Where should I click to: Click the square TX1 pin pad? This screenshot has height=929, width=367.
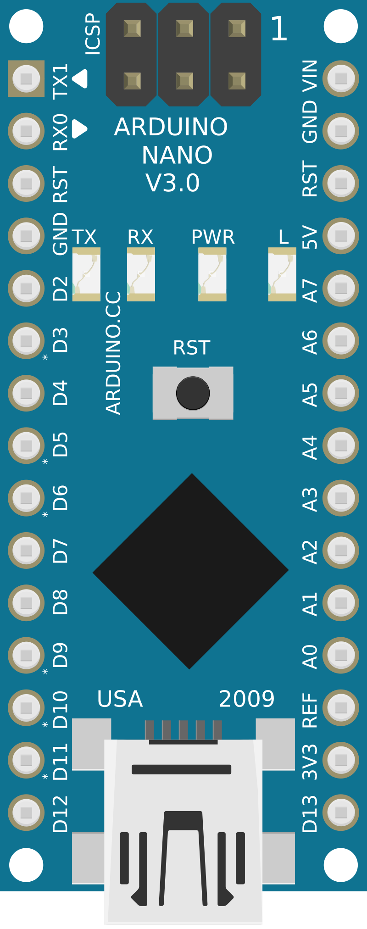pos(26,78)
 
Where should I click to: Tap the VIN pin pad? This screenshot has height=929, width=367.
pos(340,78)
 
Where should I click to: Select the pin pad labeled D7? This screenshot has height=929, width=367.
pos(26,550)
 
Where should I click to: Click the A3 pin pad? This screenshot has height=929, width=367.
pos(340,498)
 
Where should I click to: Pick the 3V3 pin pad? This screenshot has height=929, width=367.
pos(340,760)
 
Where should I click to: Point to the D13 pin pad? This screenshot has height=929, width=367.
pos(340,812)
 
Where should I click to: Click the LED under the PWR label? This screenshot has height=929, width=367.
pos(212,274)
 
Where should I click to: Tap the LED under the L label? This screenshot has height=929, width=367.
pos(282,274)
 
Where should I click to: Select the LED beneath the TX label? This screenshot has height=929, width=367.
pos(86,274)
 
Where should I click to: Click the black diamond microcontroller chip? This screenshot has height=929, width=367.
pos(190,571)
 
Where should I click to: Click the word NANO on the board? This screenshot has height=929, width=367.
pos(177,155)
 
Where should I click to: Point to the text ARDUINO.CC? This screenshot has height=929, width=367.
pos(113,353)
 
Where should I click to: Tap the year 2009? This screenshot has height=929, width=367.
pos(246,699)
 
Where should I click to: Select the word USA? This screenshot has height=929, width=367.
pos(120,699)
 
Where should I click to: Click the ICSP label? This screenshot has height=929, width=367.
pos(93,34)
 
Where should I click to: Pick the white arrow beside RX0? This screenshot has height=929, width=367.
pos(79,129)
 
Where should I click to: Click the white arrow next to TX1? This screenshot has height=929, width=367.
pos(80,78)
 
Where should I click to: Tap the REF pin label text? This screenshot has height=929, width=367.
pos(310,710)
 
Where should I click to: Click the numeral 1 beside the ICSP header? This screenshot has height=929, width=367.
pos(279,29)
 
